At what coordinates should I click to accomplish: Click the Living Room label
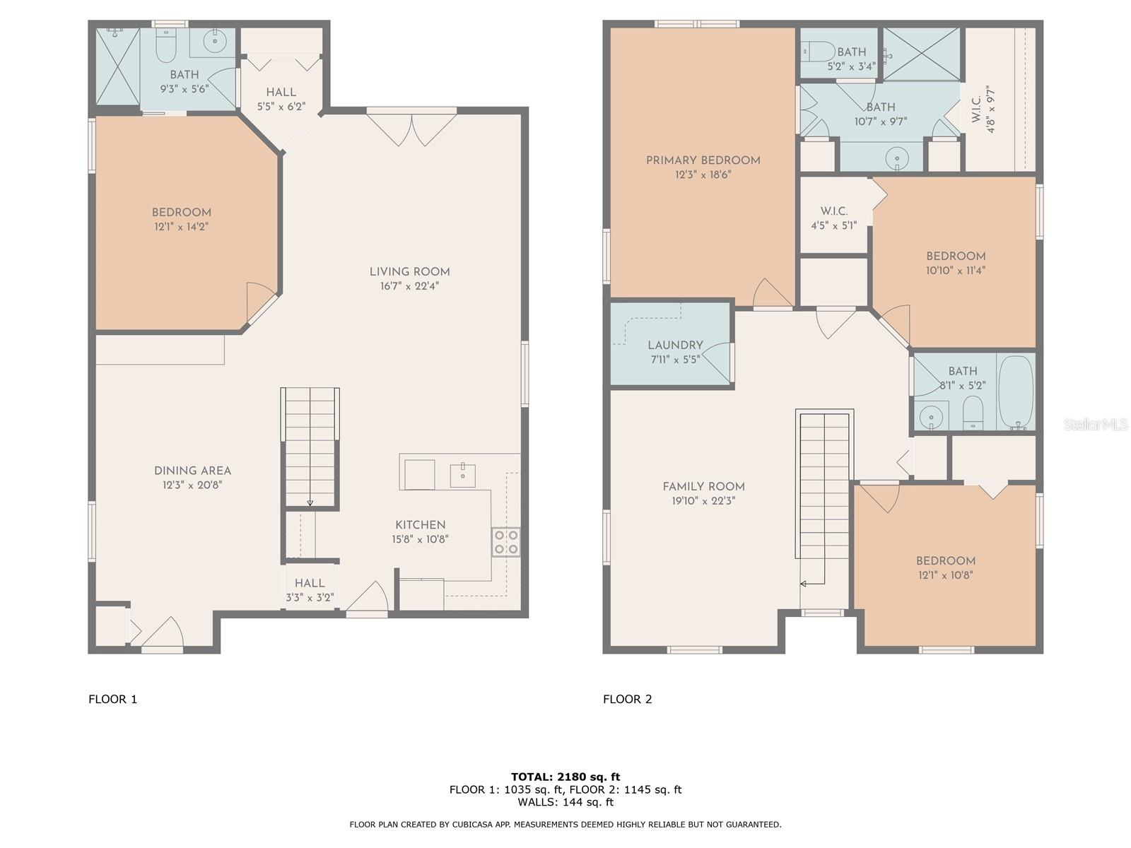pos(409,272)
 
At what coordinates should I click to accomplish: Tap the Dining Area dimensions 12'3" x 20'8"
pos(192,485)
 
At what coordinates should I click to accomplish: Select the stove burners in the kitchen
pos(505,542)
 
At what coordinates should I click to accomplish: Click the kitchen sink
pos(462,475)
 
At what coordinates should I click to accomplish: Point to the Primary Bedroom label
pos(703,160)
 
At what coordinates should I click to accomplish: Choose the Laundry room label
pos(675,346)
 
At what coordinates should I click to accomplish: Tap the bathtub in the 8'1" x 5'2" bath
pos(1016,393)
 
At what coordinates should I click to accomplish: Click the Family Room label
pos(703,487)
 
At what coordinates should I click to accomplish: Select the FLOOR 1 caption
pos(113,699)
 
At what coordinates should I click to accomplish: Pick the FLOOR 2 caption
pos(628,699)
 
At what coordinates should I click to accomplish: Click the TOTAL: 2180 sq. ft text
pos(565,777)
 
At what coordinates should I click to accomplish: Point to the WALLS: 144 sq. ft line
pos(565,801)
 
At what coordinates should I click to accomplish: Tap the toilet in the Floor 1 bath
pos(166,45)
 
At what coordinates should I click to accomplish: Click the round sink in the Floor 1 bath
pos(213,41)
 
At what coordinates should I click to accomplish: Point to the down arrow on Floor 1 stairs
pos(310,502)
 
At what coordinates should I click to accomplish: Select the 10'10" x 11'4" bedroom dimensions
pos(956,271)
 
